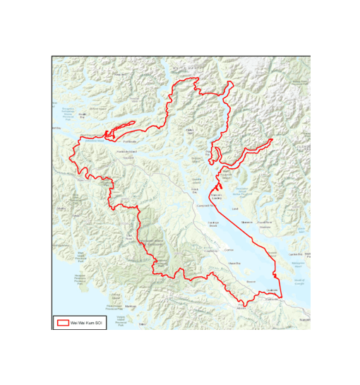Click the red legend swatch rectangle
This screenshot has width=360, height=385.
pos(63,322)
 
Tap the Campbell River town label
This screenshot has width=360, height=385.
pos(203,206)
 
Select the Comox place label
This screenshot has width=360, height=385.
pos(227,249)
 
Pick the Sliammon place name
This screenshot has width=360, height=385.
pos(246,222)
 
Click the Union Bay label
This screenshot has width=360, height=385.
pos(234,263)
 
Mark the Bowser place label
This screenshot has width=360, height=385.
pos(250,282)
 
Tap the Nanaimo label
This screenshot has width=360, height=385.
pos(304,319)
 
